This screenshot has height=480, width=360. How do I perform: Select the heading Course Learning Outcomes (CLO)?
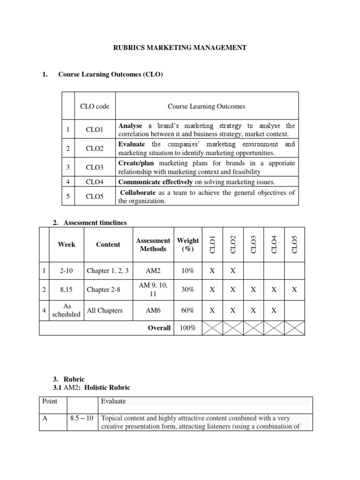[111, 75]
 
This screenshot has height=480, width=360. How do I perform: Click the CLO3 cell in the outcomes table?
[95, 167]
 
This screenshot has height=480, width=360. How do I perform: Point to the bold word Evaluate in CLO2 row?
[132, 144]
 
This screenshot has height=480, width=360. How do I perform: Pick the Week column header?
[66, 244]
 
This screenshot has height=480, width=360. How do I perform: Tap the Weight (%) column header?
[187, 245]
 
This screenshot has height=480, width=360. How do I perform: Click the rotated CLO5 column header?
[294, 244]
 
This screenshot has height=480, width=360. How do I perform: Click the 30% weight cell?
[187, 290]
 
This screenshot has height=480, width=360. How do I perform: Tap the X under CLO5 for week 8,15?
[294, 290]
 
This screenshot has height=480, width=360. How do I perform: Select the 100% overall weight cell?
[187, 328]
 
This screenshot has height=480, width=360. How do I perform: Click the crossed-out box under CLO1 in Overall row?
[212, 328]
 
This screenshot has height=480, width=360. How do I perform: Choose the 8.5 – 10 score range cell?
[82, 419]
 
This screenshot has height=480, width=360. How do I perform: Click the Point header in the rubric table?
[50, 401]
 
